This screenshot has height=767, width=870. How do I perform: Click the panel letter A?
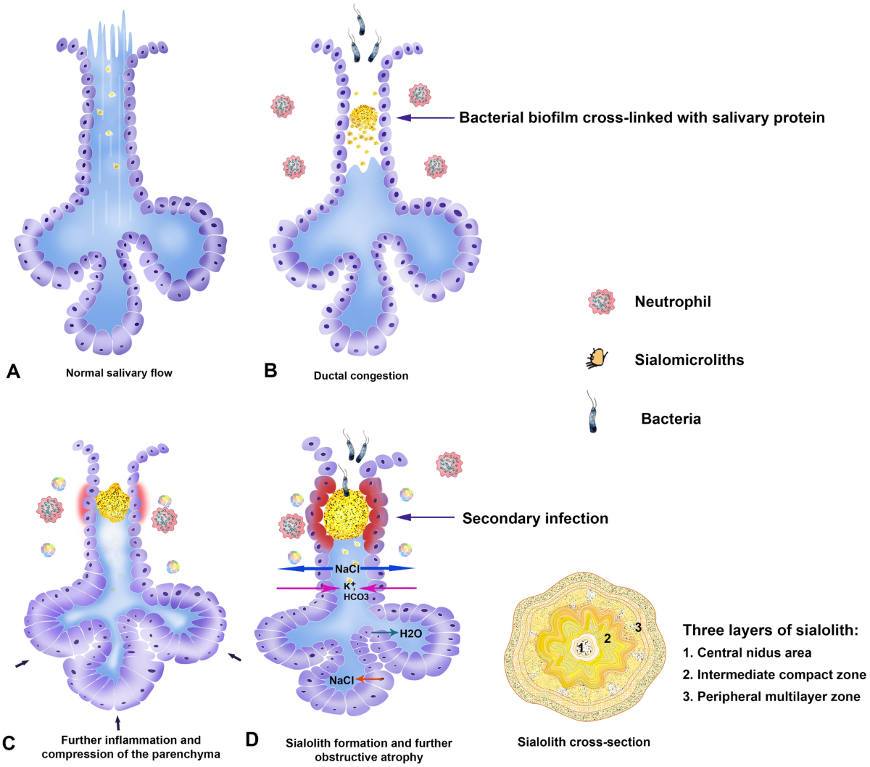coord(12,372)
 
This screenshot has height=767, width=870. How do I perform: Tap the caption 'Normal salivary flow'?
coord(119,373)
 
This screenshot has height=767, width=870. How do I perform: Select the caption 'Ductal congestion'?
coord(361,376)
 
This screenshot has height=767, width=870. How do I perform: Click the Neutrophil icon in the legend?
coord(602,302)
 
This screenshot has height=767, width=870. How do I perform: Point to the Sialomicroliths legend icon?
coord(597,358)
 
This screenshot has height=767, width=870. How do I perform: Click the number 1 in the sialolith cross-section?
coord(581,646)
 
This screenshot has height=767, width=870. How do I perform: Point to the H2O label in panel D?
coord(410,633)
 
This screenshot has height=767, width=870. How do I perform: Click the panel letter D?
coord(252,739)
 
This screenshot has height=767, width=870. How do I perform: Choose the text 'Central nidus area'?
coord(747,653)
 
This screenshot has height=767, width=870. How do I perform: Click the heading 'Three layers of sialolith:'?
coord(770,630)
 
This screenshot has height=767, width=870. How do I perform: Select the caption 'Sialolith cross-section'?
coord(584,742)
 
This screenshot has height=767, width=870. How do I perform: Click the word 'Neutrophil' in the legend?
coord(673,302)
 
